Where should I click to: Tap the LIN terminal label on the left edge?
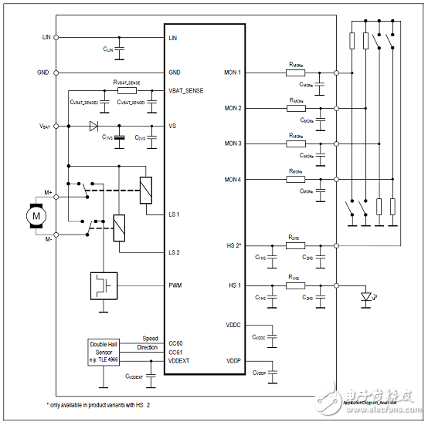pos(46,37)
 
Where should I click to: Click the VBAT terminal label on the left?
pos(45,125)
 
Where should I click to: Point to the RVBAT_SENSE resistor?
pos(126,91)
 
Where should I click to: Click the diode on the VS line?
pos(93,125)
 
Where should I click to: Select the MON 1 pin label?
pos(233,73)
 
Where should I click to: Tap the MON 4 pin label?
pos(233,179)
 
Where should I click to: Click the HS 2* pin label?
pos(233,245)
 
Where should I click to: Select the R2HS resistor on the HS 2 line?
pos(294,245)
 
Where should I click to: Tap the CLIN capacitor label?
pos(109,49)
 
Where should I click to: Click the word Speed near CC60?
pos(150,339)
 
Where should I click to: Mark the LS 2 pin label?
pos(175,252)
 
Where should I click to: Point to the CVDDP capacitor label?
pos(260,373)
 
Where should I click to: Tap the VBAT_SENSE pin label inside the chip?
pos(187,90)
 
